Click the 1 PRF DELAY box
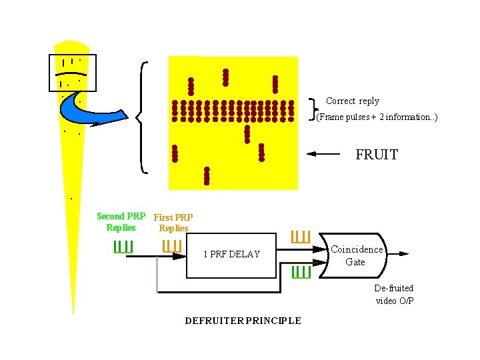[x=231, y=253]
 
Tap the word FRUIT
[x=377, y=155]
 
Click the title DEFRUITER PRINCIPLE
[x=243, y=321]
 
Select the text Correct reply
[x=353, y=101]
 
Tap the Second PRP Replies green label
[x=121, y=222]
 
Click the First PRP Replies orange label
[x=173, y=223]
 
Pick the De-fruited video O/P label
[x=394, y=294]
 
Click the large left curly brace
[x=142, y=117]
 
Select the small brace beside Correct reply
[x=314, y=109]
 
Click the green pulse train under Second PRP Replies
[x=123, y=246]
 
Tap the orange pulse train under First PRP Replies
[x=172, y=246]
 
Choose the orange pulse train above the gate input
[x=301, y=237]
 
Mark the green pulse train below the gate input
[x=301, y=271]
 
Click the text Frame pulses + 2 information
[x=377, y=117]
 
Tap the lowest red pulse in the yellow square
[x=207, y=175]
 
